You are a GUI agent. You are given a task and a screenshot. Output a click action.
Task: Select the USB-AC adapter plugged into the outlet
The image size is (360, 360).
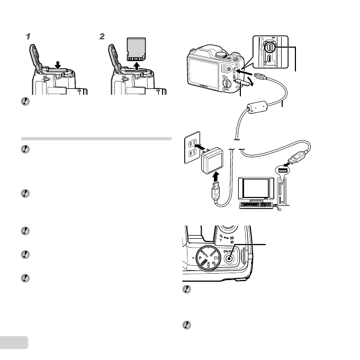click(x=214, y=160)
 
